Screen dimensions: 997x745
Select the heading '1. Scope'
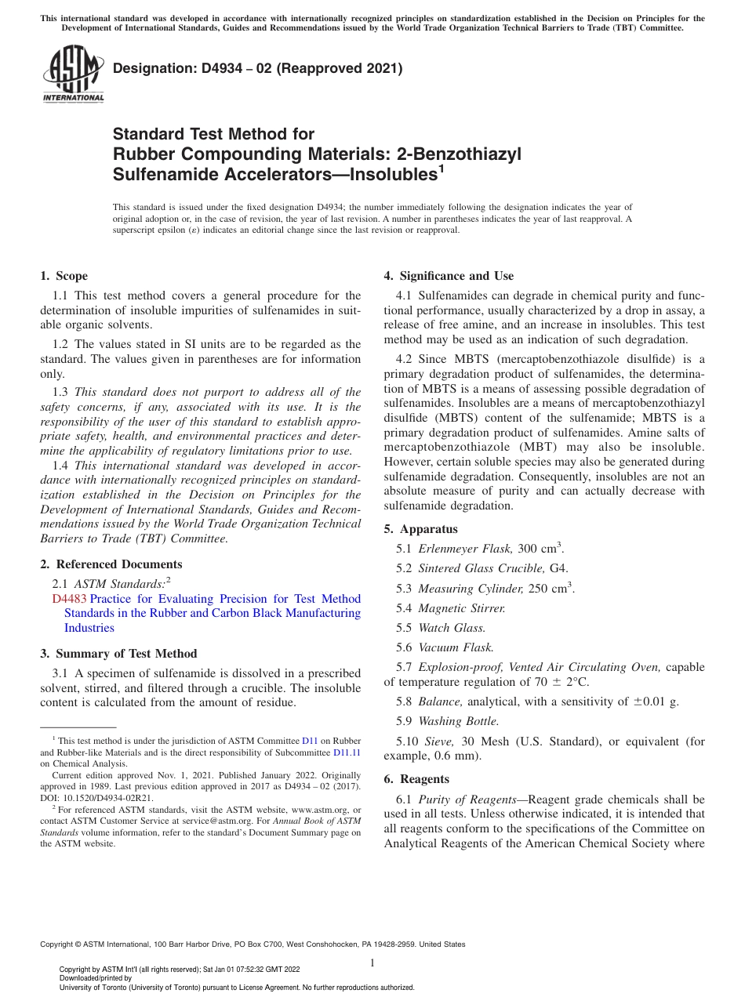(64, 276)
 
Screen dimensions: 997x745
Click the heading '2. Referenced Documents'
(111, 564)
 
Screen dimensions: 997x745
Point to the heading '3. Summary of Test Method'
(118, 654)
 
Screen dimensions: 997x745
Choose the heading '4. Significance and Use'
(449, 276)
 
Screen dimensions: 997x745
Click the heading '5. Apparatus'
(420, 529)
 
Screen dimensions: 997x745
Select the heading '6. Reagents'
(416, 779)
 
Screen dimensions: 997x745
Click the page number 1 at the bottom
(372, 963)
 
